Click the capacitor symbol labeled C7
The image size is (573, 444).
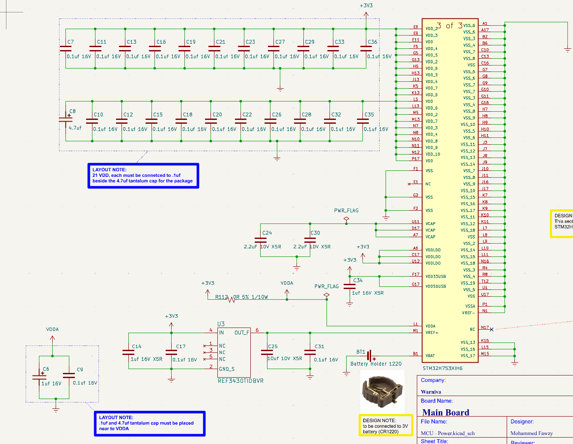(x=65, y=49)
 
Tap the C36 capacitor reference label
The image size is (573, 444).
(x=372, y=42)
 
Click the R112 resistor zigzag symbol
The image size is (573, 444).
(x=232, y=299)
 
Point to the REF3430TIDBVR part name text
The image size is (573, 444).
(x=240, y=381)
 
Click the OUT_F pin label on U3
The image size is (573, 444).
(x=242, y=333)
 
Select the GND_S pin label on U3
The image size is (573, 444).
(x=226, y=369)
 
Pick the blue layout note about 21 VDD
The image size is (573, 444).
(x=143, y=176)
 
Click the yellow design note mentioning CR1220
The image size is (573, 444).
(x=385, y=426)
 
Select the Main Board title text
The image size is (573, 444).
(x=445, y=412)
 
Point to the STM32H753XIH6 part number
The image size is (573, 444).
(x=442, y=368)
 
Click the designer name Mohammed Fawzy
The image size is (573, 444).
(x=531, y=433)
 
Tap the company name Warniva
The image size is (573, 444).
(x=431, y=392)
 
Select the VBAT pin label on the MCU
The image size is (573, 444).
(x=430, y=356)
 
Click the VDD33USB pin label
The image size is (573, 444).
(x=436, y=277)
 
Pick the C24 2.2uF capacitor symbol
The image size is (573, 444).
(x=260, y=240)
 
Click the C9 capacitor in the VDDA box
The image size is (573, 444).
(x=68, y=375)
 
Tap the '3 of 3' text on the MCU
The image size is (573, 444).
(x=449, y=26)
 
